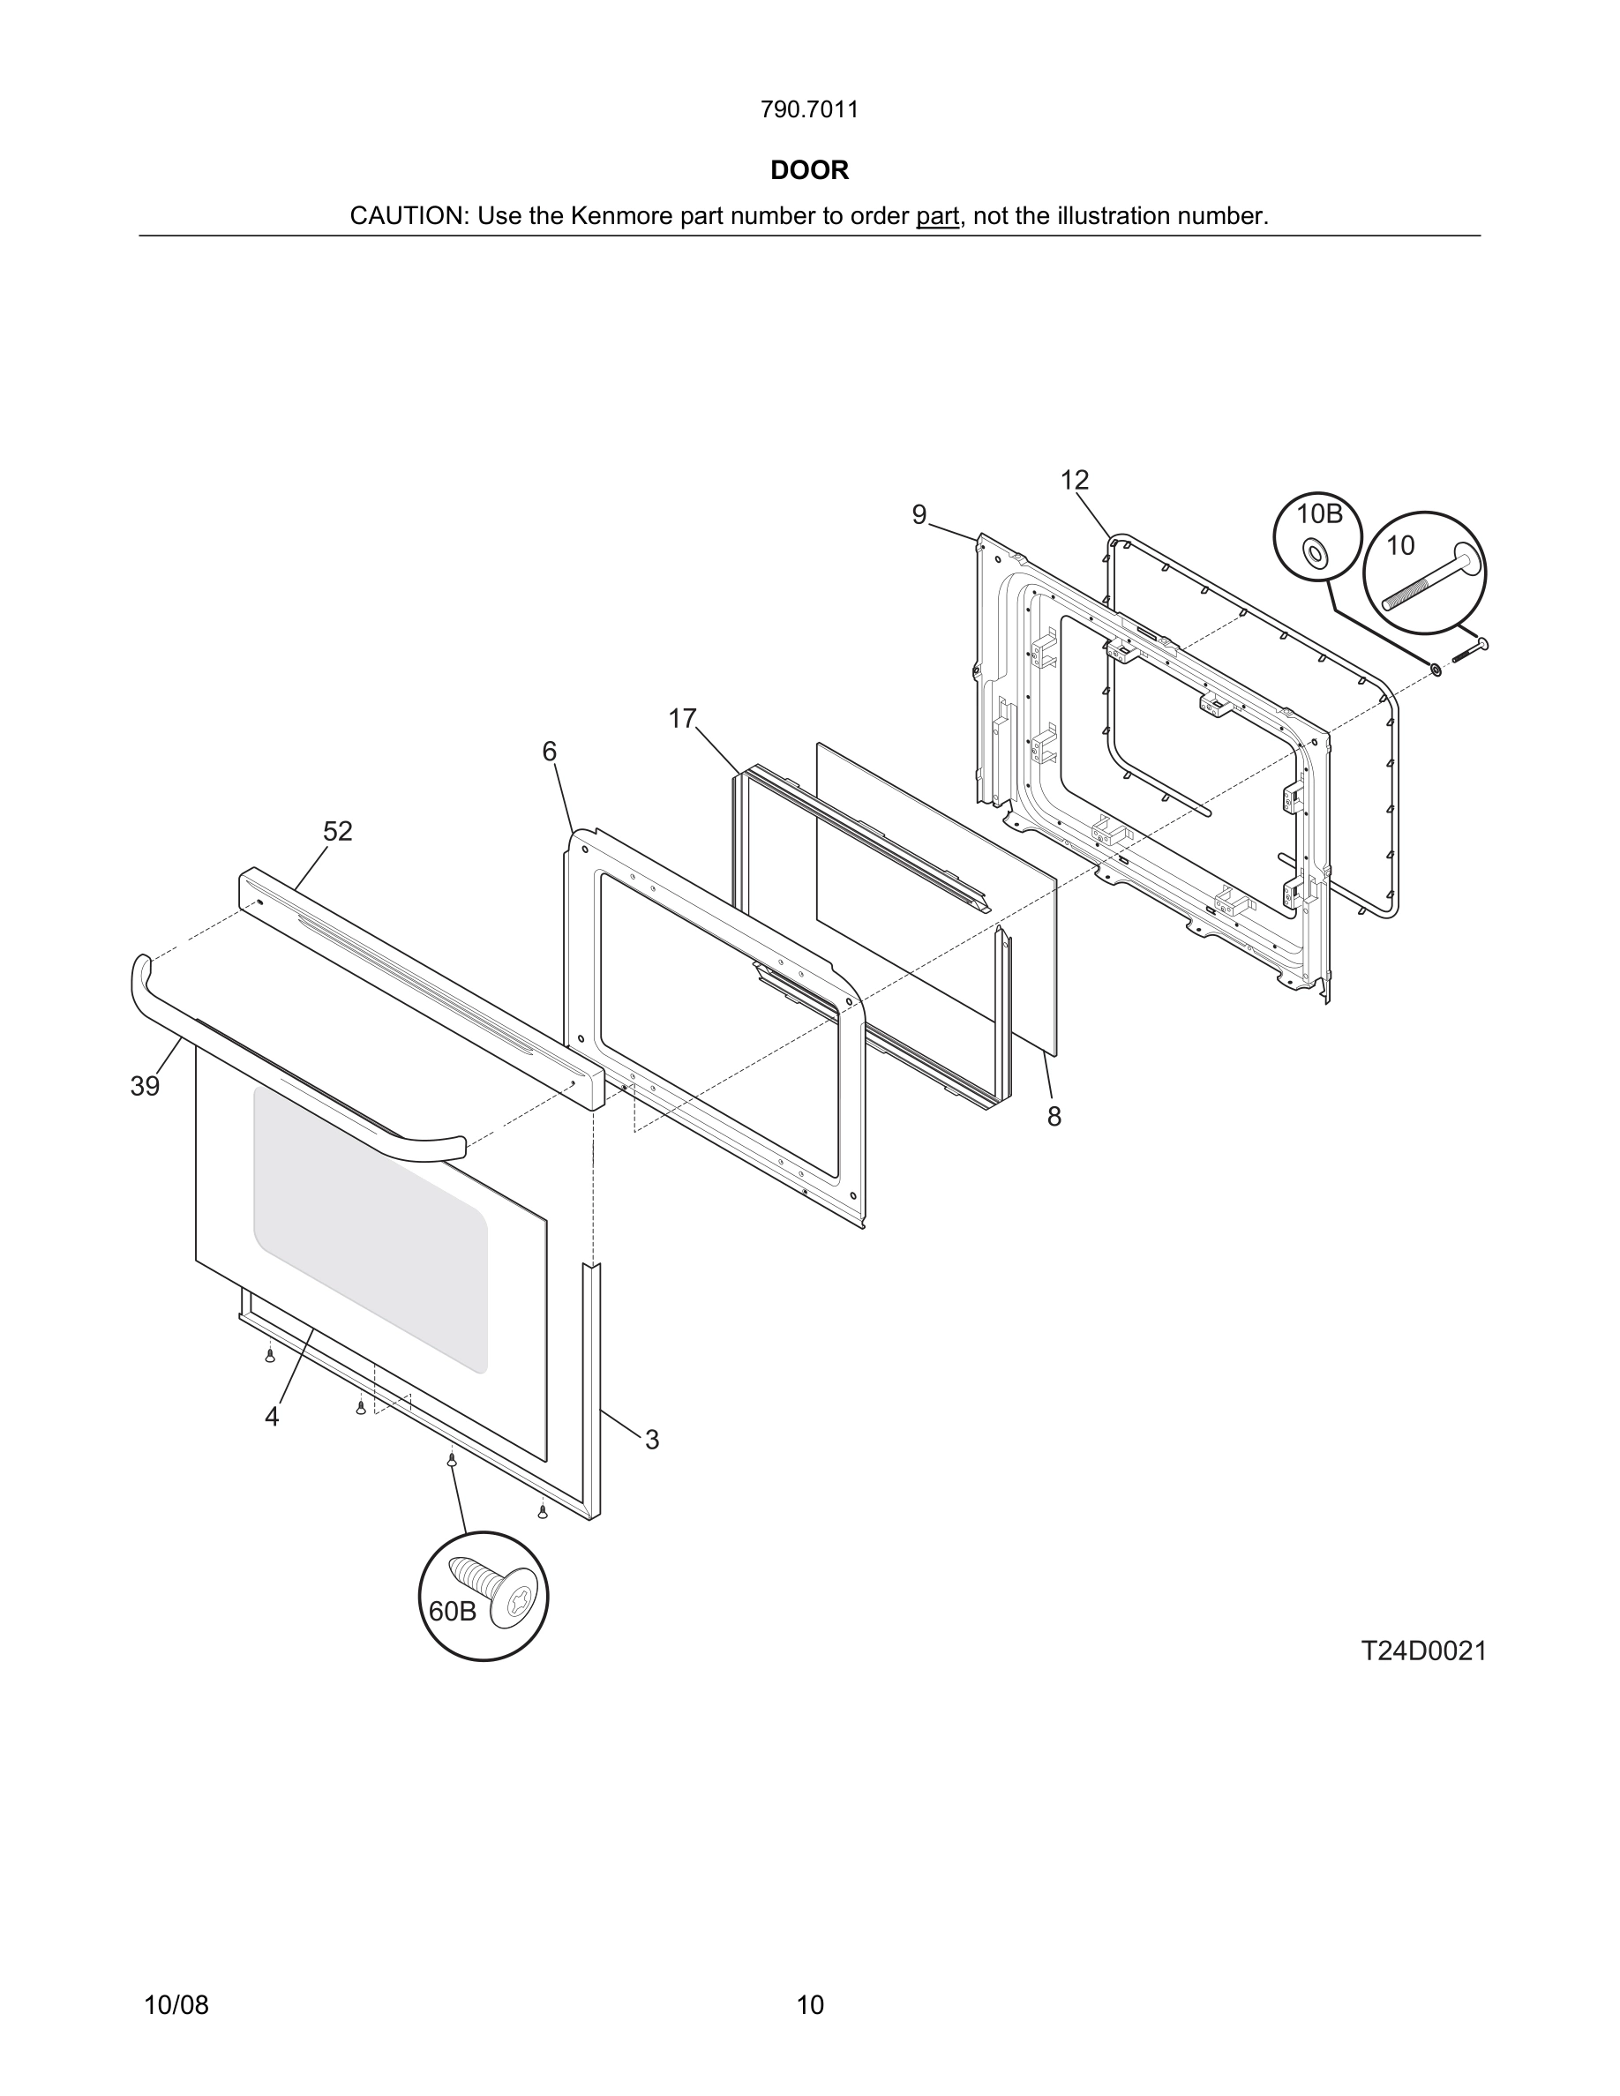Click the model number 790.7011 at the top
(809, 109)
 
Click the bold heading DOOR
(809, 170)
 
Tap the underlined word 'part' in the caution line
(937, 216)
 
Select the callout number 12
(1074, 480)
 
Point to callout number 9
(919, 515)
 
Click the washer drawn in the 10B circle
(1315, 554)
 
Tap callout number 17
(682, 719)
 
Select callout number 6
(549, 752)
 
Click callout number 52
(338, 831)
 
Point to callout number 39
(145, 1087)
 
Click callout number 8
(1054, 1116)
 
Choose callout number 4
(273, 1417)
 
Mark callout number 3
(652, 1440)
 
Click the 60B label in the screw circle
(452, 1612)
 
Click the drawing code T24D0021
(1423, 1651)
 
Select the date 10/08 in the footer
(176, 2005)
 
